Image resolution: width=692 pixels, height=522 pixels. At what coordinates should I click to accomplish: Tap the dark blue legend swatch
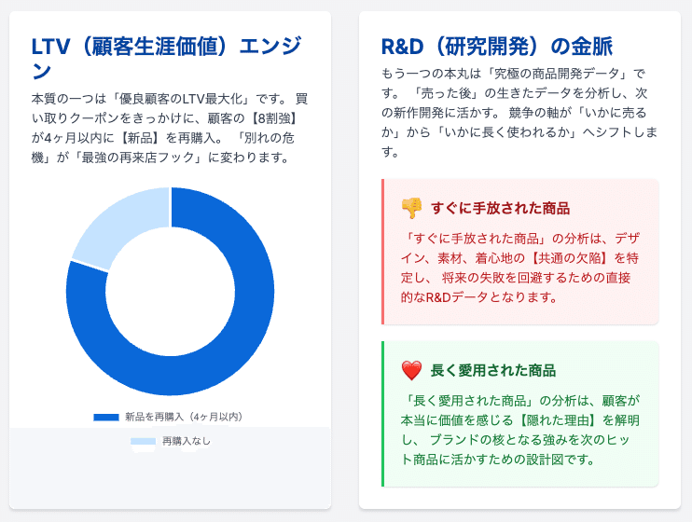(x=105, y=417)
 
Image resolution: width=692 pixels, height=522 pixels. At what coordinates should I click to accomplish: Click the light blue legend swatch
(x=143, y=441)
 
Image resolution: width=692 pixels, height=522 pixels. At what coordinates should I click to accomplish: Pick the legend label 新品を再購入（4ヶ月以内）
(x=184, y=417)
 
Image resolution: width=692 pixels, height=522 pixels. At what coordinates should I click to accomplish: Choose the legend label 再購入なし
(x=187, y=441)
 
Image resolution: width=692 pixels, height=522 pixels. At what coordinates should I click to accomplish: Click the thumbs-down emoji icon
(x=411, y=208)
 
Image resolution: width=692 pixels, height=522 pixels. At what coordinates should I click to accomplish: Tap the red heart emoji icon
(x=411, y=370)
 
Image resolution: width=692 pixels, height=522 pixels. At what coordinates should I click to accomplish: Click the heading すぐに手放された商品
(x=500, y=208)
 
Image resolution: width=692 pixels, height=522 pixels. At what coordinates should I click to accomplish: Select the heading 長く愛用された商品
(x=493, y=370)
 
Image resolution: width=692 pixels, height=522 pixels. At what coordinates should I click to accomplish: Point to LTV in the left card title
(x=49, y=47)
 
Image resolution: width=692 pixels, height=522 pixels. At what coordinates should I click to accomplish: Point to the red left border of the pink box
(x=383, y=252)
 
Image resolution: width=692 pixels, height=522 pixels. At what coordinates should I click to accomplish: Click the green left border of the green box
(x=383, y=413)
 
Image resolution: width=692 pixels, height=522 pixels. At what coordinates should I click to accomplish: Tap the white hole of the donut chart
(x=170, y=291)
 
